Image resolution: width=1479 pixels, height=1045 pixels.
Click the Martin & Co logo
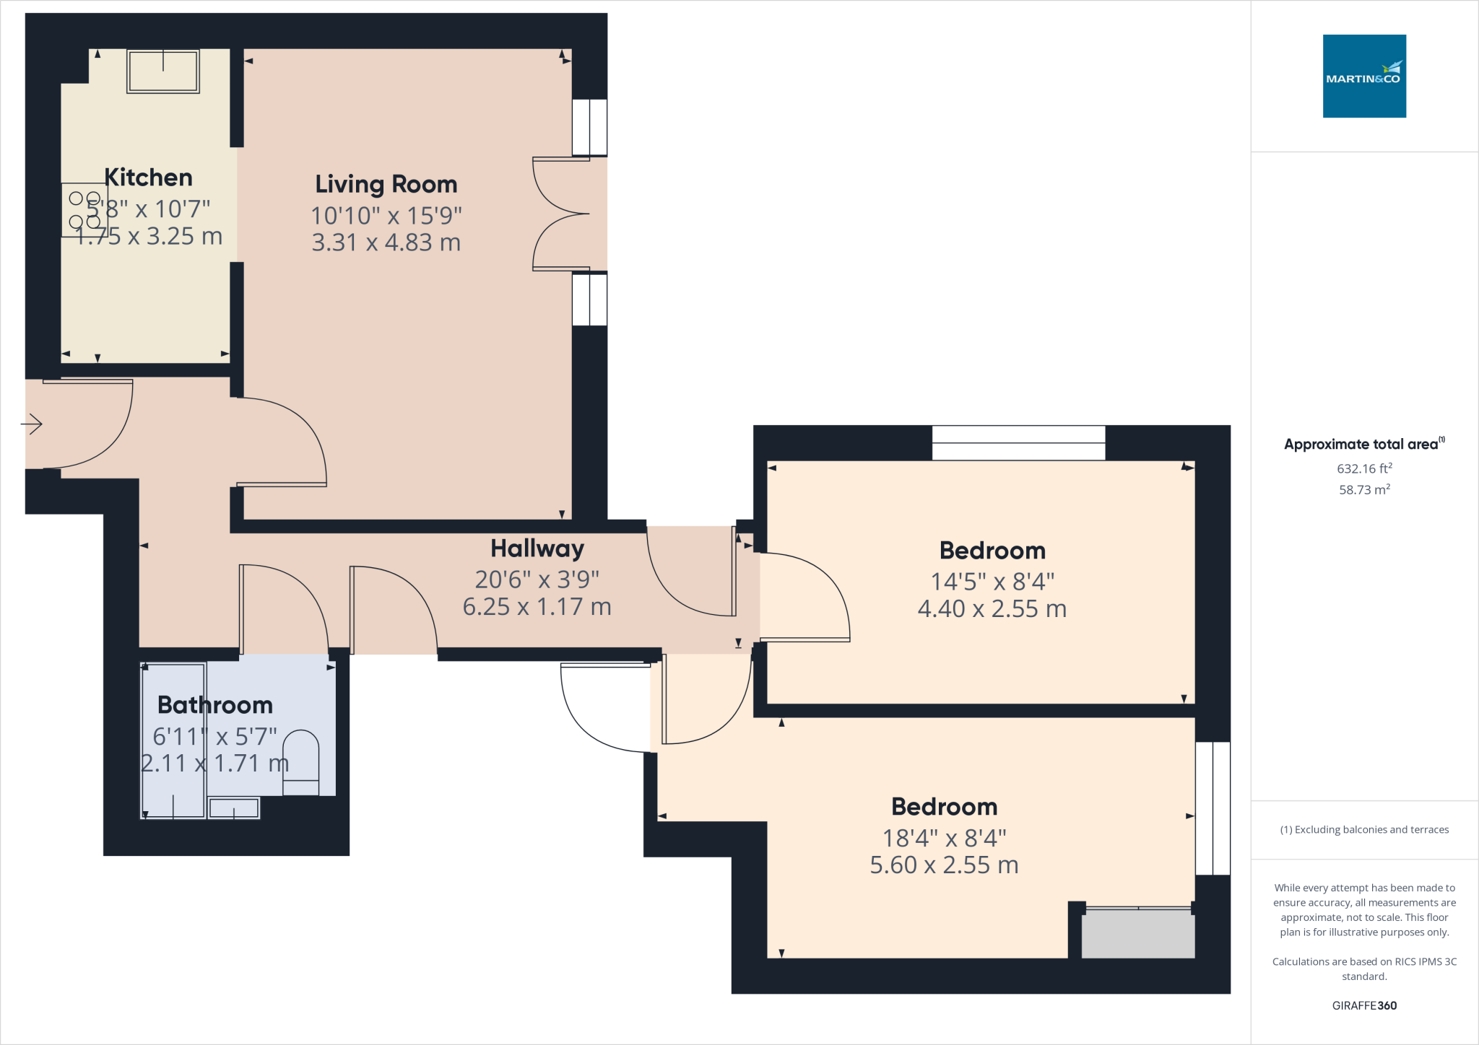1363,76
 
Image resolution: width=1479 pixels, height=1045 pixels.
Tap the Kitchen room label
148,178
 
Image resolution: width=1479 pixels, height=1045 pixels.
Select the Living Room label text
386,185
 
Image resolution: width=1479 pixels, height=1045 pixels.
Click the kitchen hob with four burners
84,210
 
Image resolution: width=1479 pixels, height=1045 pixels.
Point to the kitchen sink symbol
163,71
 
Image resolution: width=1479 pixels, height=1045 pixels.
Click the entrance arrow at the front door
32,424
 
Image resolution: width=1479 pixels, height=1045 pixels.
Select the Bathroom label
214,705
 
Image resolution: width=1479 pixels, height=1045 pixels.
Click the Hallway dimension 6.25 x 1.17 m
537,607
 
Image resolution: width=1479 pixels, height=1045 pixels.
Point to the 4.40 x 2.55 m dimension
992,609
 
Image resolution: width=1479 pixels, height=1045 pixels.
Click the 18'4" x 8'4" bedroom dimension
944,838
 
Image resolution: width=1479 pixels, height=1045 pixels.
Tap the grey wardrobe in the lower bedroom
1137,934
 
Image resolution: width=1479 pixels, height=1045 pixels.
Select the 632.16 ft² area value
1363,468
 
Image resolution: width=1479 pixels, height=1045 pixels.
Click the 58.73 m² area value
1363,489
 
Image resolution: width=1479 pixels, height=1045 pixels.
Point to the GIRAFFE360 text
1363,1005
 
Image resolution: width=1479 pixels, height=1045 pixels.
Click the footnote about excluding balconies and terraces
1363,830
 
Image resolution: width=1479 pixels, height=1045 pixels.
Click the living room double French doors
562,214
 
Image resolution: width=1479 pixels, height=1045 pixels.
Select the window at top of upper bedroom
1018,443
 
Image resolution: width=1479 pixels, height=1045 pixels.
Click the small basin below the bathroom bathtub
234,808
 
